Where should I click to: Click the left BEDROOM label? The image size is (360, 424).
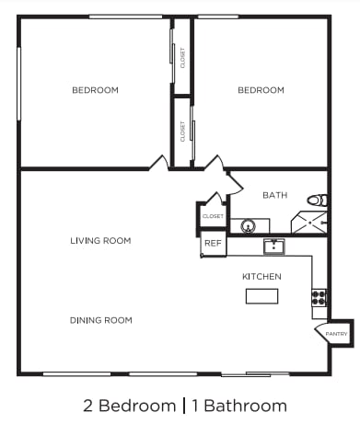[x=95, y=90]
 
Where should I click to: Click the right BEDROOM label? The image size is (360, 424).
[x=261, y=90]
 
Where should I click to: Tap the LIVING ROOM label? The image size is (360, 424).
[x=100, y=241]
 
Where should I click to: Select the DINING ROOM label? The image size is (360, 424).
[x=100, y=320]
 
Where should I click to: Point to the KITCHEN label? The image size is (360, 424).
[x=261, y=277]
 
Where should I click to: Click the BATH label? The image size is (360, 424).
[x=274, y=195]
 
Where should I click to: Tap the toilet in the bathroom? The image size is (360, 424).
[x=317, y=200]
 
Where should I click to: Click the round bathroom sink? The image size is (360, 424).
[x=247, y=225]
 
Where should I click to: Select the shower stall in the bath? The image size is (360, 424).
[x=309, y=223]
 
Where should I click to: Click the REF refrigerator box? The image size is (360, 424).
[x=213, y=244]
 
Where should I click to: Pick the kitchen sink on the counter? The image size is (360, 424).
[x=273, y=246]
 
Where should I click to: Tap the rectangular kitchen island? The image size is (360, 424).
[x=261, y=296]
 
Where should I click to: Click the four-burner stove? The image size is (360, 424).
[x=319, y=297]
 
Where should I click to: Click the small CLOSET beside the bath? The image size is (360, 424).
[x=213, y=216]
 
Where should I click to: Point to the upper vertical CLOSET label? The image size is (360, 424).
[x=182, y=58]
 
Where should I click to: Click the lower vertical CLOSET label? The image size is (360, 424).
[x=182, y=132]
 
